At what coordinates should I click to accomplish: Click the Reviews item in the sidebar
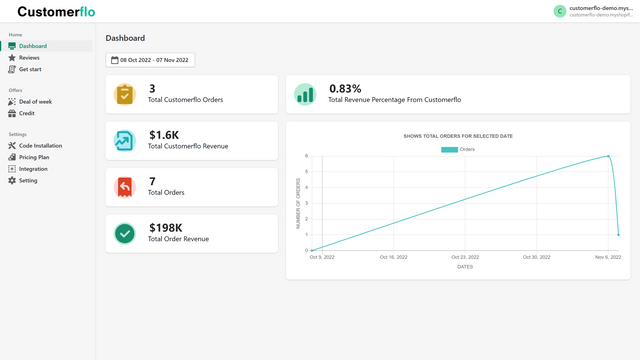(29, 58)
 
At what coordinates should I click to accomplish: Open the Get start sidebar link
(30, 69)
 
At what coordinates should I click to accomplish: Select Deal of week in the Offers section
(35, 102)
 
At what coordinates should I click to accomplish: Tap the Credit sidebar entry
(27, 113)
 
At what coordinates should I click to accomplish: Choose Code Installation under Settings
(40, 146)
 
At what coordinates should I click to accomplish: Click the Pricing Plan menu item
(34, 157)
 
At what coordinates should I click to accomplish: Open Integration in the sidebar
(33, 169)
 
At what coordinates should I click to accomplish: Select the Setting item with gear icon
(28, 181)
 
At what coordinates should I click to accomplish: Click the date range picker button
(150, 60)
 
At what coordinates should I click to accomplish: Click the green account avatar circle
(559, 11)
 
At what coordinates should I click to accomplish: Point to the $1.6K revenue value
(164, 135)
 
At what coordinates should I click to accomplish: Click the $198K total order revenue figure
(166, 227)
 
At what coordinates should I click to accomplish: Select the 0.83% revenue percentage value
(345, 88)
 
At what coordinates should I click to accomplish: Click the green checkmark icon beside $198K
(124, 233)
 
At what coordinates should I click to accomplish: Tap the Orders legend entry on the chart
(458, 150)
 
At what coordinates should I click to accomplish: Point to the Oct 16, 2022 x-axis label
(394, 257)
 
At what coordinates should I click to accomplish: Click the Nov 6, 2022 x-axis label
(607, 257)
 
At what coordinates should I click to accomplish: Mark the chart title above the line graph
(458, 135)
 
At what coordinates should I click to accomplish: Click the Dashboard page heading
(125, 38)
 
